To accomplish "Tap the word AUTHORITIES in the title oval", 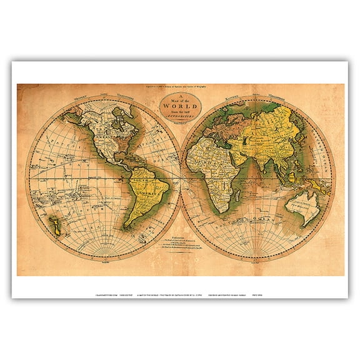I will (181, 117).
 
